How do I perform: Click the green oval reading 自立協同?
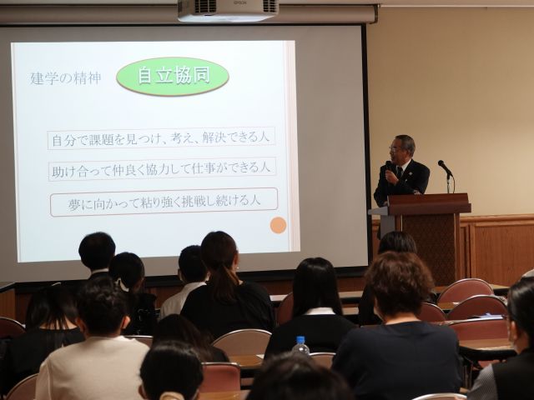[173, 76]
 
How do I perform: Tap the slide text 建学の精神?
[66, 78]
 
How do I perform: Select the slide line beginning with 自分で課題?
[161, 138]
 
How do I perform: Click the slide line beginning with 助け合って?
[161, 169]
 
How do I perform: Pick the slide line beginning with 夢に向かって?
[164, 202]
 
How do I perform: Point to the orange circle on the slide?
[278, 225]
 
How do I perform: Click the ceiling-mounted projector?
[228, 10]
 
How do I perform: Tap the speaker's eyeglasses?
[395, 148]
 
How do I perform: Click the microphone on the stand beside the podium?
[445, 168]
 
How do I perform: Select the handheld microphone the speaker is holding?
[388, 167]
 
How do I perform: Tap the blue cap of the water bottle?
[300, 339]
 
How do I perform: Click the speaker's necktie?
[400, 172]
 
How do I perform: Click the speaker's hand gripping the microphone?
[391, 177]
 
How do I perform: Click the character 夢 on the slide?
[74, 204]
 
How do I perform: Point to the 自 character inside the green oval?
[144, 76]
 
